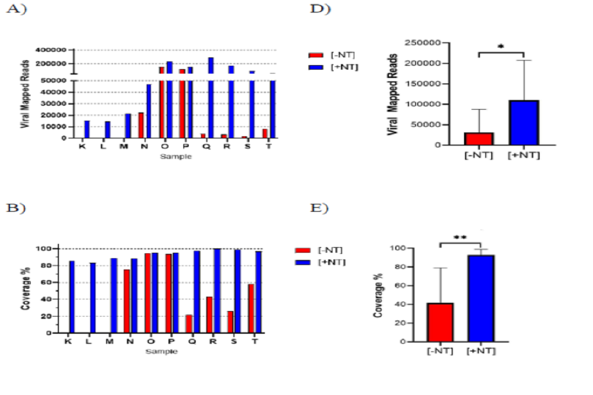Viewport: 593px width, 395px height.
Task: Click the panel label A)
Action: (16, 10)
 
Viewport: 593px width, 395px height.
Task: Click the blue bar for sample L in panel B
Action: (93, 298)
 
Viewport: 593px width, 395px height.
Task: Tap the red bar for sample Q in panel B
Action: (189, 324)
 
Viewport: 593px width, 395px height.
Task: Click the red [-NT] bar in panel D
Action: (479, 139)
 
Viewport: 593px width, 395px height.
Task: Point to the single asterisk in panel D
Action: (501, 47)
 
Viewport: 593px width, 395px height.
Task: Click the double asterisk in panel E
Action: (460, 237)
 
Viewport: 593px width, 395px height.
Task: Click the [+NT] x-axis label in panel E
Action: (480, 351)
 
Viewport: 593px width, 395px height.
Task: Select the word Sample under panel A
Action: (176, 157)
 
